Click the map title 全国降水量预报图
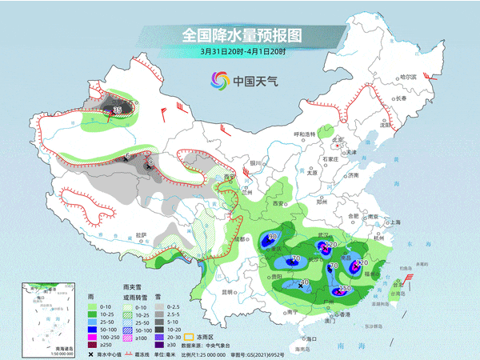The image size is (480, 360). (239, 36)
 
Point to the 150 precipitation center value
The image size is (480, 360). (346, 289)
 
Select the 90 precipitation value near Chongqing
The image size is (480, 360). (273, 237)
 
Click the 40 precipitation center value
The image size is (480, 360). (304, 282)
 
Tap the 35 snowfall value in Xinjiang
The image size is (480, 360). (118, 110)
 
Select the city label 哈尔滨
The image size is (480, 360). (410, 75)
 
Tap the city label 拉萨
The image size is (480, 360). (141, 234)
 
